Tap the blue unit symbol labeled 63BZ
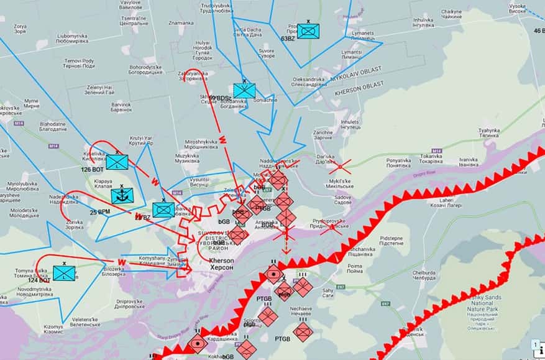pyautogui.click(x=308, y=30)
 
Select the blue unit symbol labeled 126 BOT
pyautogui.click(x=116, y=162)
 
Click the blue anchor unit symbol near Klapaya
pyautogui.click(x=122, y=196)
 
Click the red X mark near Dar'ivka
pyautogui.click(x=339, y=166)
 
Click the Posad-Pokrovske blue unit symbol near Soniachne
pyautogui.click(x=244, y=90)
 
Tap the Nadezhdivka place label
pyautogui.click(x=65, y=198)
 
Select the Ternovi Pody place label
pyautogui.click(x=78, y=63)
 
